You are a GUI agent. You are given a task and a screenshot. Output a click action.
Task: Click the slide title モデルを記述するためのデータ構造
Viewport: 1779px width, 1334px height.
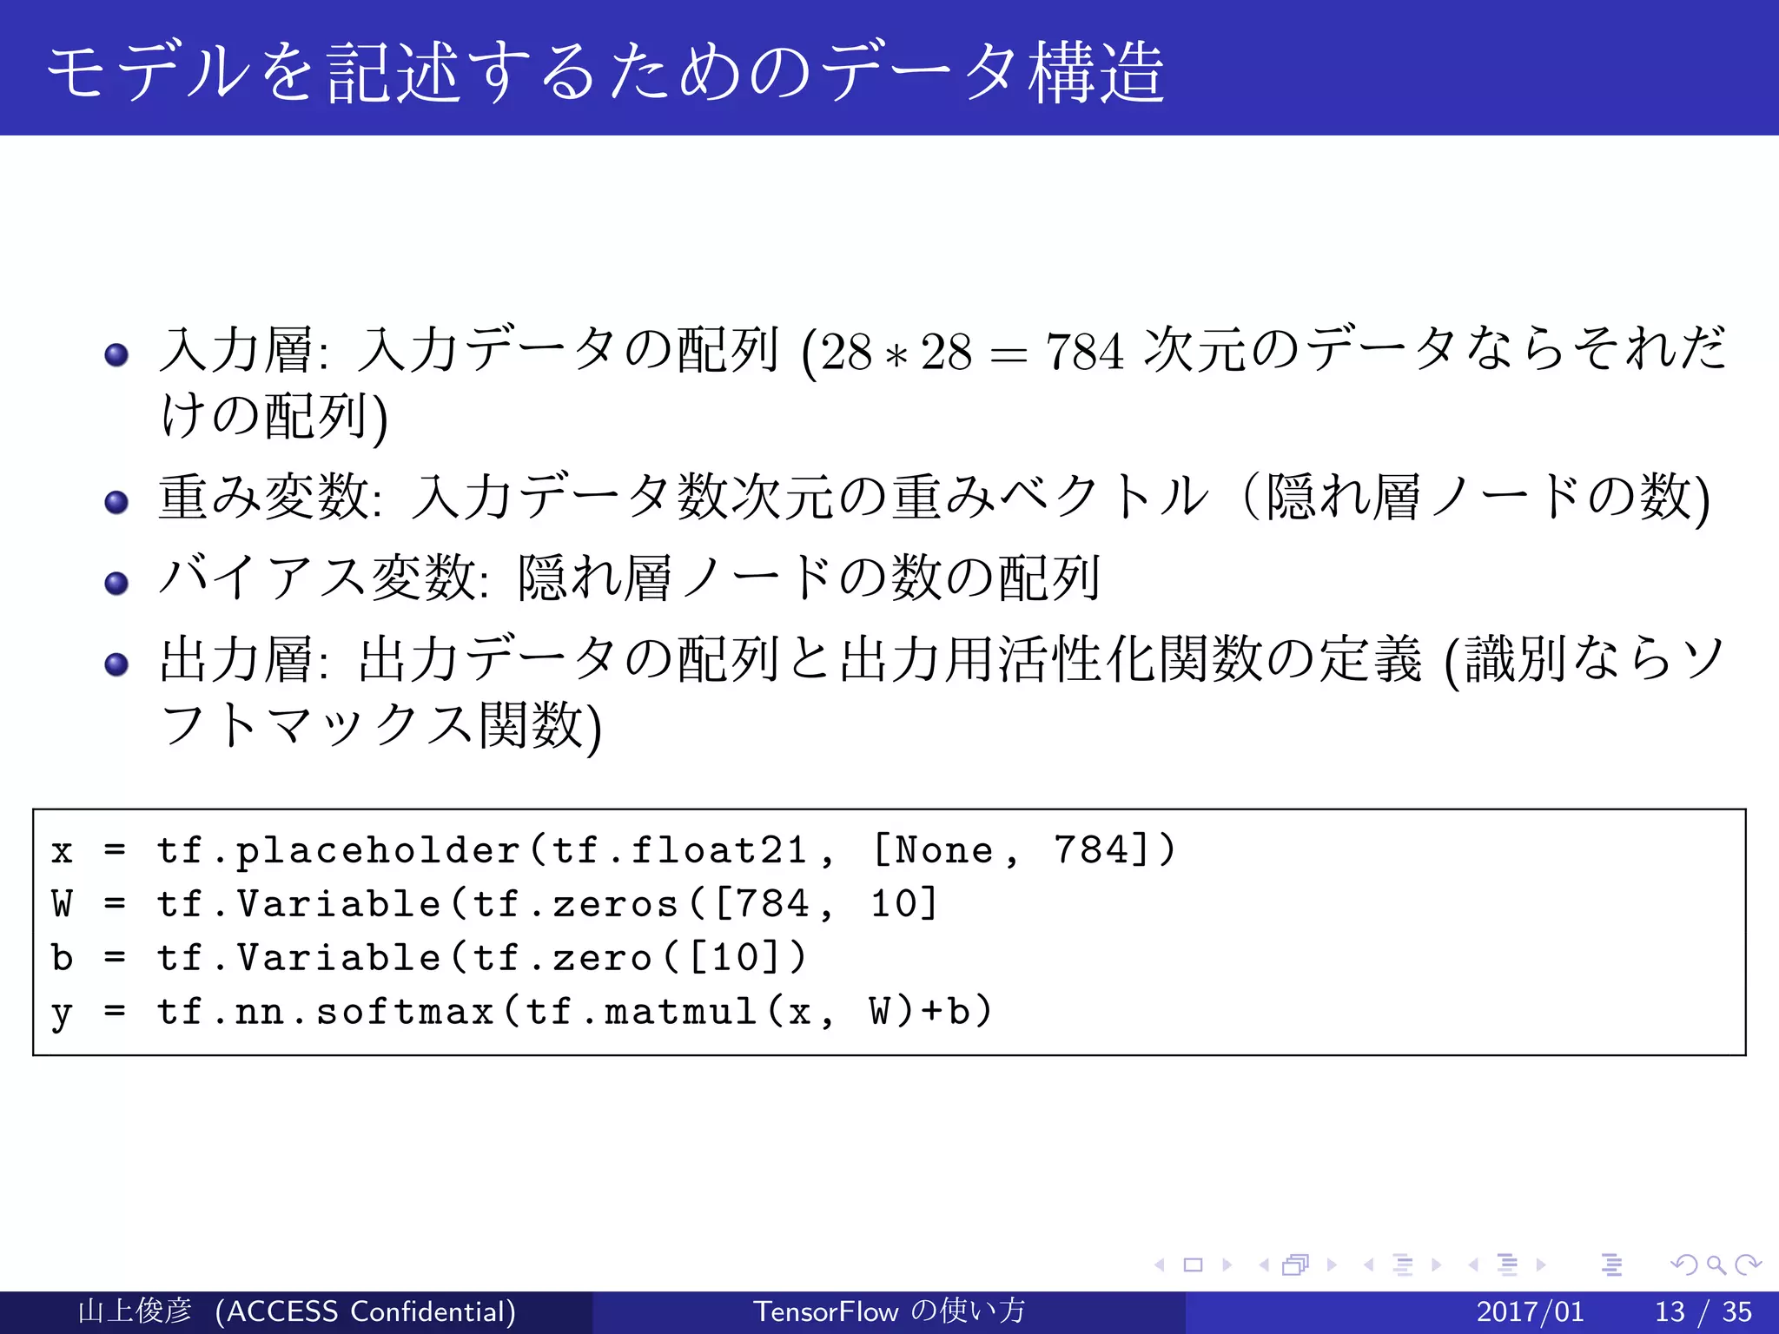pyautogui.click(x=605, y=71)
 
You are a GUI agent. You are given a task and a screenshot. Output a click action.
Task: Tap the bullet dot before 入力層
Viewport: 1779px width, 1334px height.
pyautogui.click(x=116, y=354)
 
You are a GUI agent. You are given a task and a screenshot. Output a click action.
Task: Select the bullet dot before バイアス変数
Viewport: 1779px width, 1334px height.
pyautogui.click(x=116, y=582)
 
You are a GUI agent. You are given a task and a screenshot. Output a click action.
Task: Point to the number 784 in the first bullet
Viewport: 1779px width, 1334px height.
pyautogui.click(x=1084, y=353)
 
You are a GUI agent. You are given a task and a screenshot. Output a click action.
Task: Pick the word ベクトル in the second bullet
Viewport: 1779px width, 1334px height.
pyautogui.click(x=1103, y=497)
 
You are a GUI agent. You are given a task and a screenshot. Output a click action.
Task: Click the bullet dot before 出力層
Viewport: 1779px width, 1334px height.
pyautogui.click(x=116, y=664)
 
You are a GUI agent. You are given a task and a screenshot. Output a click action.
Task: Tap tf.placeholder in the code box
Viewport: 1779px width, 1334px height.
pyautogui.click(x=339, y=850)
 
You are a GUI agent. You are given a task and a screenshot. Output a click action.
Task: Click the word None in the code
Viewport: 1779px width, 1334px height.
pyautogui.click(x=944, y=850)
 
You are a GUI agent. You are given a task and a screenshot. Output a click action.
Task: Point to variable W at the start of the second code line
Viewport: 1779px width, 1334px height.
pyautogui.click(x=63, y=904)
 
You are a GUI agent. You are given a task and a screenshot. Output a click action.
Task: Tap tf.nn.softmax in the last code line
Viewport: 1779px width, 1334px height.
pyautogui.click(x=326, y=1012)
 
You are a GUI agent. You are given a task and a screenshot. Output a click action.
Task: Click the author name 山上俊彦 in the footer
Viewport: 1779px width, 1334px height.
pyautogui.click(x=135, y=1311)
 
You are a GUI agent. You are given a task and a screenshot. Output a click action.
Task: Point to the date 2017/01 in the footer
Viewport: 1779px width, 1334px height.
pyautogui.click(x=1530, y=1311)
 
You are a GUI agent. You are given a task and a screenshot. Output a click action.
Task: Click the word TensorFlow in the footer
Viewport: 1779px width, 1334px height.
pyautogui.click(x=825, y=1311)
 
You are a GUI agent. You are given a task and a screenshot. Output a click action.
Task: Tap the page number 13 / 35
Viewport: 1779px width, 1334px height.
pyautogui.click(x=1703, y=1311)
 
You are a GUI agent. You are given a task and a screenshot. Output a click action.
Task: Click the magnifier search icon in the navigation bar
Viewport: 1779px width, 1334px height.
pyautogui.click(x=1716, y=1265)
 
